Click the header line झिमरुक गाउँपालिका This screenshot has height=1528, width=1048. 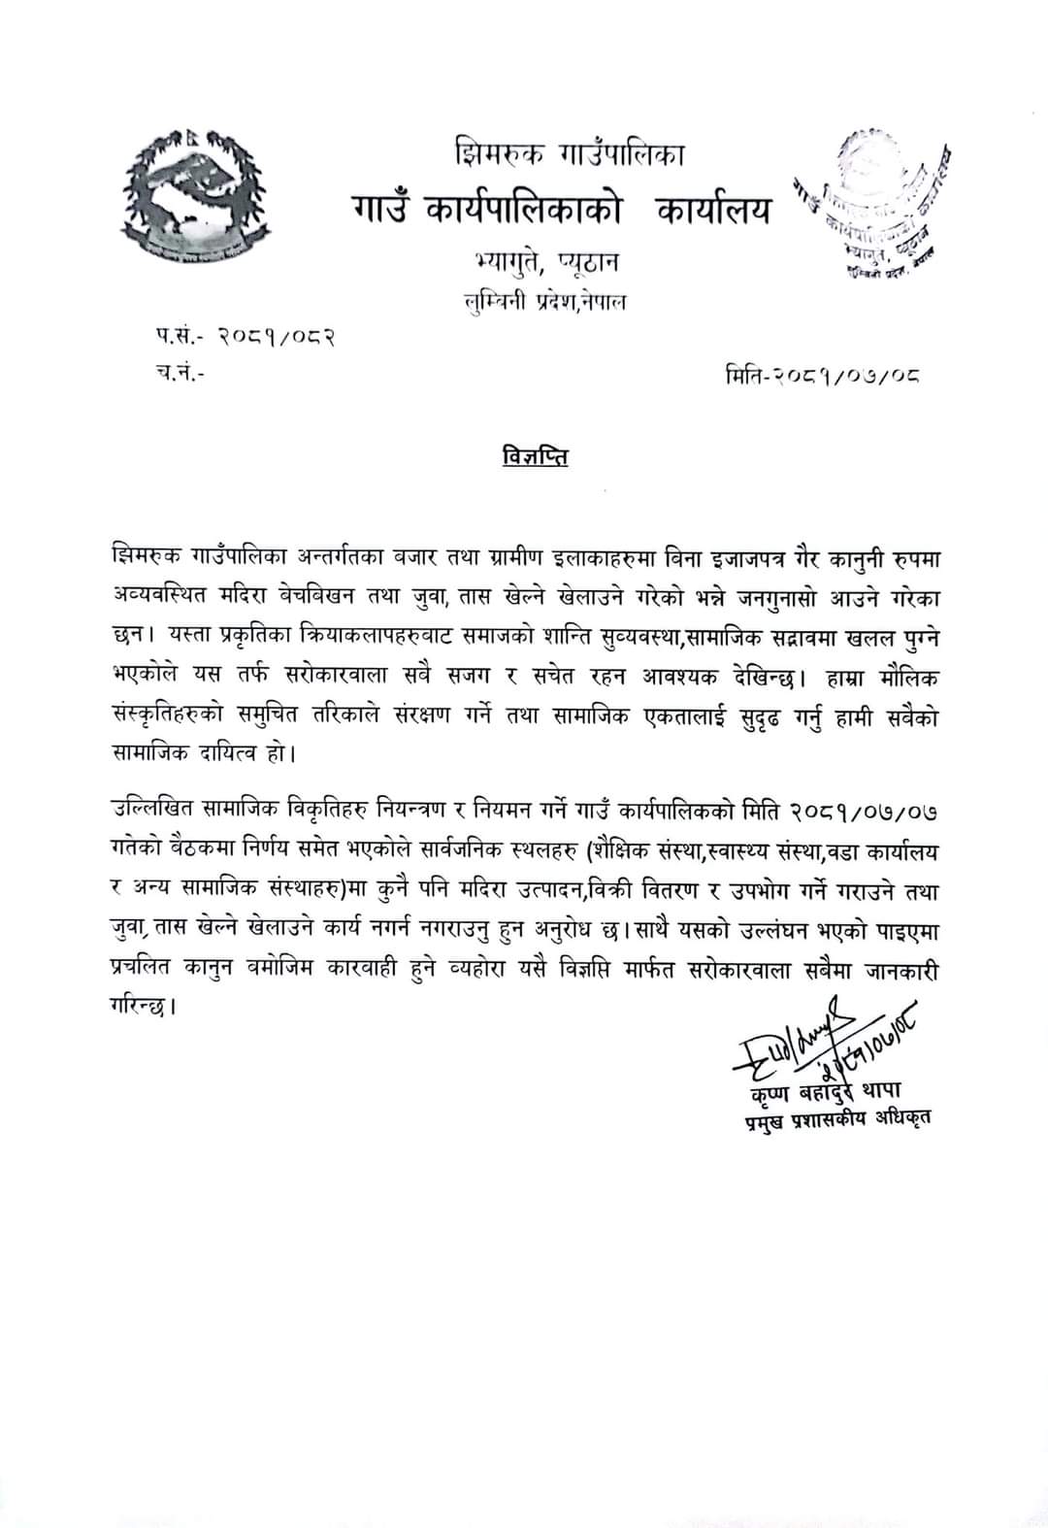[x=569, y=152]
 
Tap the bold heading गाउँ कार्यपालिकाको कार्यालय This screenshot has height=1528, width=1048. [x=563, y=209]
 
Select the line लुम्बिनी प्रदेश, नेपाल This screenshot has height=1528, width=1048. [x=545, y=302]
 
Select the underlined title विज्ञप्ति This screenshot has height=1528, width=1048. [x=536, y=456]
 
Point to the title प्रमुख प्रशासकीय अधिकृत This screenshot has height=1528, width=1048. [x=832, y=1119]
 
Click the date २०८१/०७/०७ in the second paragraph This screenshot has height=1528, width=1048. [x=863, y=810]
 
